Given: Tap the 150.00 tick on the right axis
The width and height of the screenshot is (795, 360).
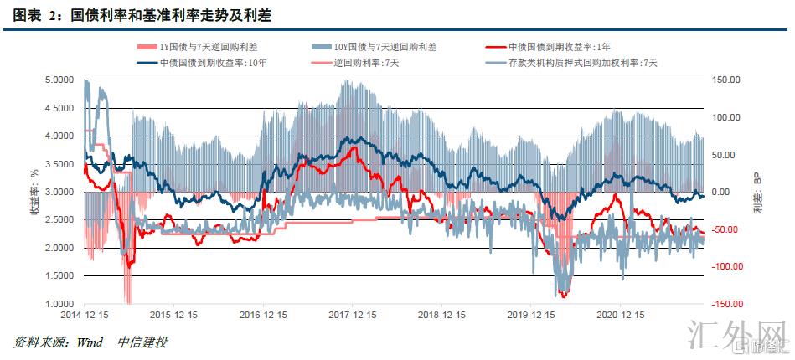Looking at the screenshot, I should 725,80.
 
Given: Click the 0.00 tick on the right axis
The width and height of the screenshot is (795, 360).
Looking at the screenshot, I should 731,193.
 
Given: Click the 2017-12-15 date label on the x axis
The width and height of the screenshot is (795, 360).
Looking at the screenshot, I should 352,316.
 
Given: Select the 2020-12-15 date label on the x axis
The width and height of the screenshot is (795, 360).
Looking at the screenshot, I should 620,316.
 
